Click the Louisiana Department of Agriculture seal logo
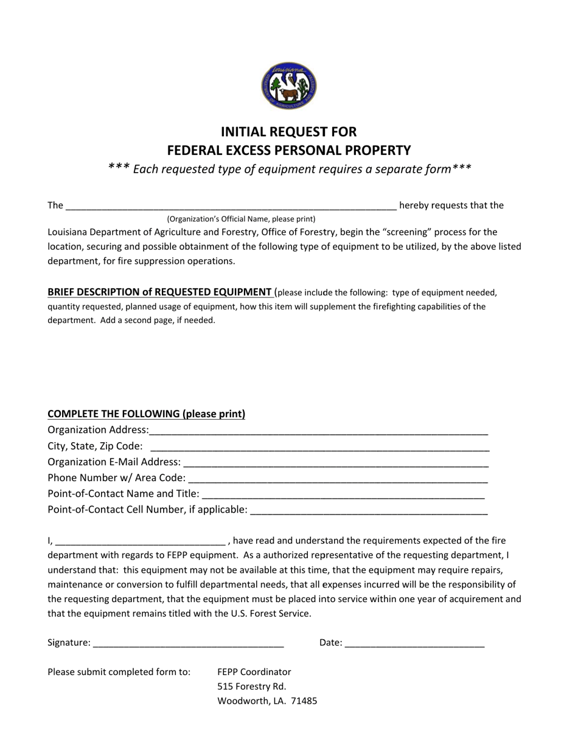pyautogui.click(x=289, y=86)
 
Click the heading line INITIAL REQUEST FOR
pyautogui.click(x=288, y=132)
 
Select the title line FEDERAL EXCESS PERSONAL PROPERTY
pyautogui.click(x=289, y=150)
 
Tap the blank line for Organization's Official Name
pyautogui.click(x=231, y=206)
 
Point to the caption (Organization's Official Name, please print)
pyautogui.click(x=241, y=219)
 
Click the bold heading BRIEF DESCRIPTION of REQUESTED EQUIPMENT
pyautogui.click(x=159, y=292)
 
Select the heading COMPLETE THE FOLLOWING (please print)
pyautogui.click(x=146, y=414)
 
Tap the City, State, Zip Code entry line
pyautogui.click(x=319, y=446)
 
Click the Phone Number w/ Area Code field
pyautogui.click(x=338, y=478)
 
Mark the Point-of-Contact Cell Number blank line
pyautogui.click(x=369, y=510)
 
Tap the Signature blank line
pyautogui.click(x=189, y=643)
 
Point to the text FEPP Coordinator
pyautogui.click(x=254, y=672)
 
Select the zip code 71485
pyautogui.click(x=304, y=701)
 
